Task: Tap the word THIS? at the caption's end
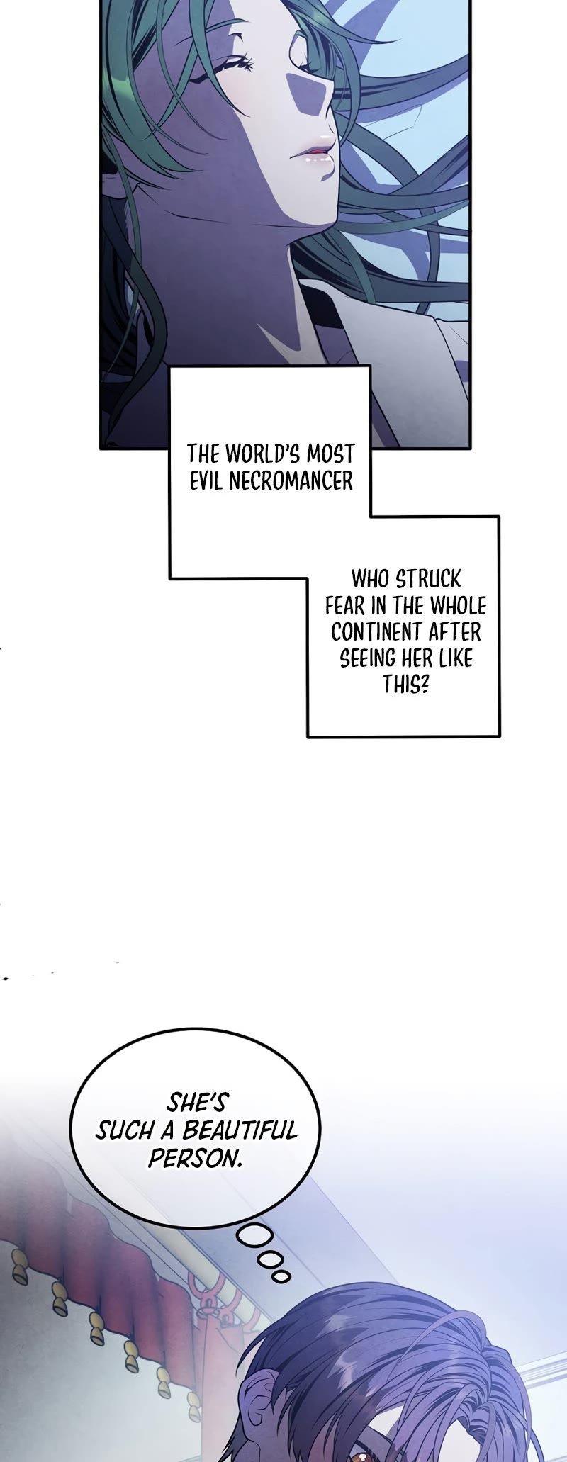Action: coord(406,685)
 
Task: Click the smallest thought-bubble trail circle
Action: coord(282,1276)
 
